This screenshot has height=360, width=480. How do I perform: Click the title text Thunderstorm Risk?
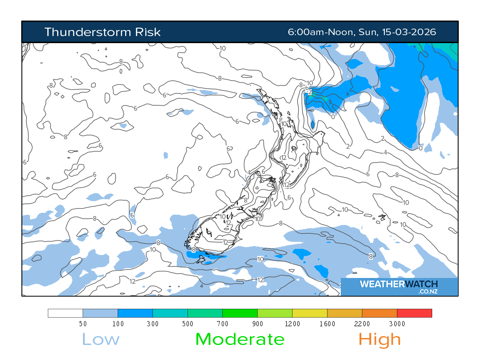[102, 32]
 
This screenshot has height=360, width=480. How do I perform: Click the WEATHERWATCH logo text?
[398, 284]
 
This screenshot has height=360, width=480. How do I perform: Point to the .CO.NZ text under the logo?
[427, 292]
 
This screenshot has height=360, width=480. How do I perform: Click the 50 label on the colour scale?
[83, 324]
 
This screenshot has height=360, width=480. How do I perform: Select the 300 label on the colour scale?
[153, 324]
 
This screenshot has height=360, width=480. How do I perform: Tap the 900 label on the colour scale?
[257, 324]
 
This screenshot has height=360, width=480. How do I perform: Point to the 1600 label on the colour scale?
[327, 324]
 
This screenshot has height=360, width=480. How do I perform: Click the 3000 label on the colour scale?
[397, 324]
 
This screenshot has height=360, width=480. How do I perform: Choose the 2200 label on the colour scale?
[362, 324]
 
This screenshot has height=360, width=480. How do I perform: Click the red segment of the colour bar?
[414, 313]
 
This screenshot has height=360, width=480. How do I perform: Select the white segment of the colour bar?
[66, 313]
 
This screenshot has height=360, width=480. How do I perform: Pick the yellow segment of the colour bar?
[309, 313]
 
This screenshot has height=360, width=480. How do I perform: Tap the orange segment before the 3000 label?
[379, 313]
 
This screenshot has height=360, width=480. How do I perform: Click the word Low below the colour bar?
[101, 339]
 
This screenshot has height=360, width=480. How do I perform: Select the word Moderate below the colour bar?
[240, 339]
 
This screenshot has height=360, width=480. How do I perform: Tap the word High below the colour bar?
[380, 339]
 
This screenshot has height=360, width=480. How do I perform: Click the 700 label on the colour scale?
[223, 324]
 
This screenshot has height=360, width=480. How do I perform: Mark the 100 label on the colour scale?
[118, 324]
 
